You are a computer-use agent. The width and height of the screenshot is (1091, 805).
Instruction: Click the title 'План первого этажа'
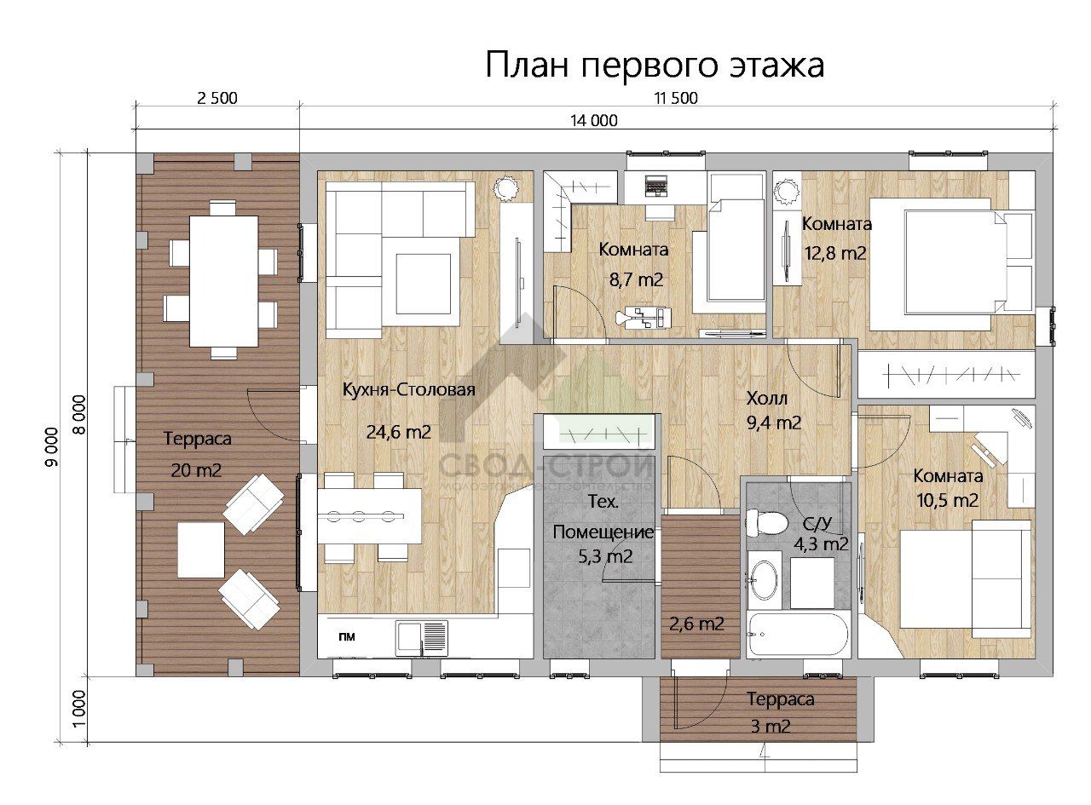[x=655, y=65]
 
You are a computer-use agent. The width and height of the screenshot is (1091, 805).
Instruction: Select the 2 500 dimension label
[x=216, y=98]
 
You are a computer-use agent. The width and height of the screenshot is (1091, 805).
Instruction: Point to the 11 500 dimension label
[x=675, y=98]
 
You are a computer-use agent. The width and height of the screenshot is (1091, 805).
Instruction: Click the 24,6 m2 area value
[x=398, y=432]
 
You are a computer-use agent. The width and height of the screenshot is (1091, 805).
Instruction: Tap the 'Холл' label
[x=767, y=399]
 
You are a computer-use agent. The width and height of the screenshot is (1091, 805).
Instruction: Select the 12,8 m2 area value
[x=835, y=252]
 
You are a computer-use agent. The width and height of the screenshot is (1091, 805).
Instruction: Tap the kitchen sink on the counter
[x=422, y=635]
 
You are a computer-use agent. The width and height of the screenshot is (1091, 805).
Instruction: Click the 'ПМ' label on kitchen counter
[x=347, y=636]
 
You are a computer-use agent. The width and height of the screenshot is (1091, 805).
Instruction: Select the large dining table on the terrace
[x=223, y=280]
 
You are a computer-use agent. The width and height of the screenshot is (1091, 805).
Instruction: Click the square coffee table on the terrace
[x=201, y=549]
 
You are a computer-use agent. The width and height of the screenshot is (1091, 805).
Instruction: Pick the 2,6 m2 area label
[x=696, y=624]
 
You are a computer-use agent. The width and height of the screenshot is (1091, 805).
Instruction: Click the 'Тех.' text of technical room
[x=603, y=501]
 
